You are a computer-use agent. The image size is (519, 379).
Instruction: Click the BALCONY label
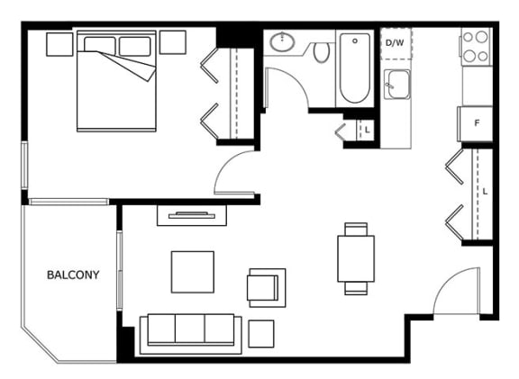click(x=73, y=275)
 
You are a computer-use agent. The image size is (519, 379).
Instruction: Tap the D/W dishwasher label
click(x=395, y=43)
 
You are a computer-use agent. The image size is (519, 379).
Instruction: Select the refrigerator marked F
click(x=475, y=123)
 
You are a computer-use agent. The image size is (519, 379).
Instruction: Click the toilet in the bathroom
click(x=322, y=52)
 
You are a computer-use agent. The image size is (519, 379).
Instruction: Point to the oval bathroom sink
click(x=282, y=42)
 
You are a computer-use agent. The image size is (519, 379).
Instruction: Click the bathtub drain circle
click(x=355, y=41)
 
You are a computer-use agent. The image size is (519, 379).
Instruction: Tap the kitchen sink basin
click(x=397, y=85)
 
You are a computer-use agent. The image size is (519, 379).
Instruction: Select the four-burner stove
click(x=476, y=47)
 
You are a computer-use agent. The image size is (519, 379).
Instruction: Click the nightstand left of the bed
click(x=59, y=44)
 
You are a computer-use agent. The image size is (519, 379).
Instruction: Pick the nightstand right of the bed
click(x=173, y=42)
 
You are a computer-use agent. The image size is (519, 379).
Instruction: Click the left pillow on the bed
click(x=100, y=45)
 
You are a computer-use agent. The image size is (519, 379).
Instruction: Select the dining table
click(x=356, y=258)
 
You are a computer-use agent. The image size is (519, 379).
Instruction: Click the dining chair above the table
click(x=356, y=229)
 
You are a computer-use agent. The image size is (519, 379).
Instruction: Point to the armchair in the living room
click(x=267, y=288)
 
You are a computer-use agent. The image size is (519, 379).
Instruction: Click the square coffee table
click(x=193, y=272)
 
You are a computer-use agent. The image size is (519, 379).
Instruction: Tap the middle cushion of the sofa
click(x=189, y=329)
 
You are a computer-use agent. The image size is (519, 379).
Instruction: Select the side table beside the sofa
click(x=261, y=334)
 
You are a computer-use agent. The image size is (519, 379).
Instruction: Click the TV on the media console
click(x=192, y=215)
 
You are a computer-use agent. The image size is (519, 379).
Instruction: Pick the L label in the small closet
click(x=367, y=130)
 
